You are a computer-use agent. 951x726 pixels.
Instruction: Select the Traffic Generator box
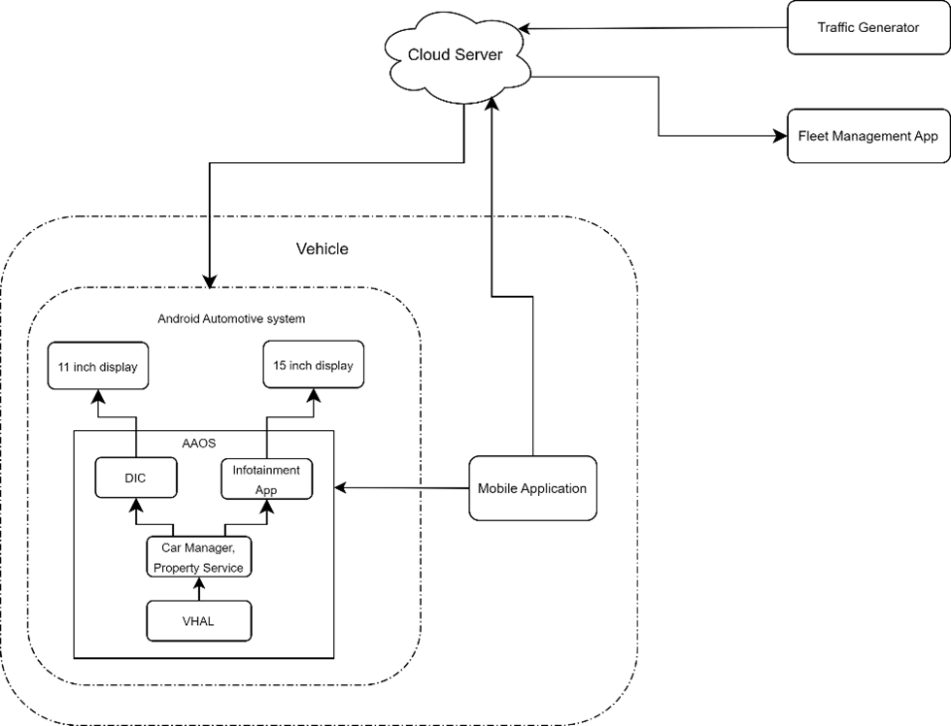click(867, 27)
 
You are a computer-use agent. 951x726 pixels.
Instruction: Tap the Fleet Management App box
click(867, 136)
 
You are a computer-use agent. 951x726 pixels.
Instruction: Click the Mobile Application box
click(531, 488)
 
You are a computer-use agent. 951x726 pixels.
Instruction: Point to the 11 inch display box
click(97, 367)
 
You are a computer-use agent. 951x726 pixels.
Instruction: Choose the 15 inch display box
click(314, 365)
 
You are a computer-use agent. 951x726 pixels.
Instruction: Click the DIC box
click(136, 478)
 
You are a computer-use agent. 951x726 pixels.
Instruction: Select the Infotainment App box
click(266, 479)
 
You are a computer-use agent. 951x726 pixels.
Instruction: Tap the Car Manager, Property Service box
click(198, 557)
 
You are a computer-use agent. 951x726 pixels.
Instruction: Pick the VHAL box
click(198, 621)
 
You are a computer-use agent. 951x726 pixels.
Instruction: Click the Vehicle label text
click(322, 248)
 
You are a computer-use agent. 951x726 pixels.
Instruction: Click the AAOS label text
click(200, 443)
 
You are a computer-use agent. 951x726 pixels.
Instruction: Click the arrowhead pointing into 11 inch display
click(97, 395)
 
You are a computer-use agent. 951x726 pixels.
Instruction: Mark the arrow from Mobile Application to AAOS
click(402, 488)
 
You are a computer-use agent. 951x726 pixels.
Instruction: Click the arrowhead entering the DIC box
click(136, 505)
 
